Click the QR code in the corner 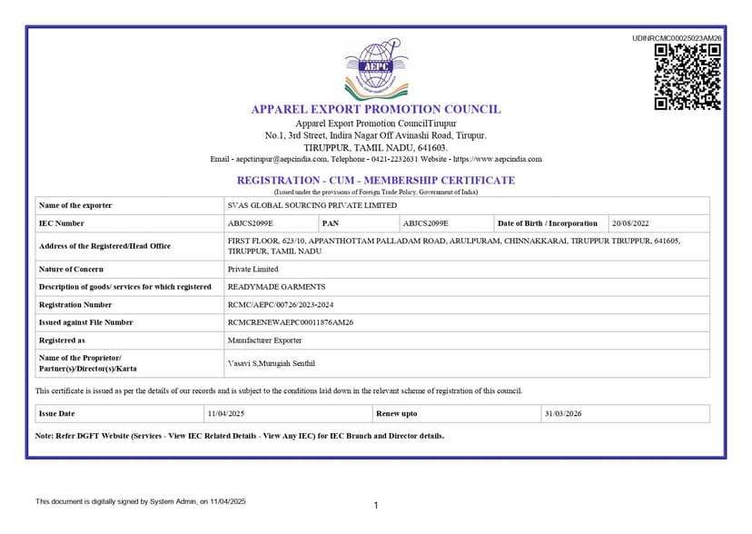[688, 76]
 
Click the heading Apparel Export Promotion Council [375, 109]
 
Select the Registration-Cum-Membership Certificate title [375, 180]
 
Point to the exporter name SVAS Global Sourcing [312, 205]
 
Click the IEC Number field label [62, 223]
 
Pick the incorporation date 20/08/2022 [630, 223]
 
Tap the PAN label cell [331, 223]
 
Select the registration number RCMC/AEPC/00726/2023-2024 [286, 305]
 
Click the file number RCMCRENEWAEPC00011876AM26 [290, 322]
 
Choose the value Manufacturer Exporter [264, 340]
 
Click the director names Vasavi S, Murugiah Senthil [271, 363]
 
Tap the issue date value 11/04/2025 [227, 413]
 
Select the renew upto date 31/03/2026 [562, 413]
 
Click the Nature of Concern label [72, 269]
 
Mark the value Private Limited [252, 269]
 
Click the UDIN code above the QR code [677, 37]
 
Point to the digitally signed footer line [141, 501]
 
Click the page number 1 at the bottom [376, 505]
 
